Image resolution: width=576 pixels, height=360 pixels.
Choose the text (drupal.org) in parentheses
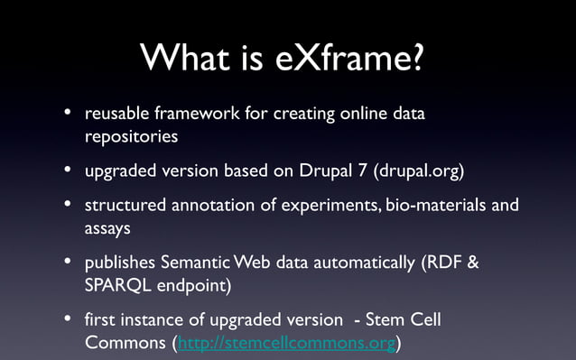(424, 171)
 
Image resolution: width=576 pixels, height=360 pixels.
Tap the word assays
(108, 228)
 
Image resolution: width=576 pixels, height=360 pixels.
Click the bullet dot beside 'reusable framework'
(68, 115)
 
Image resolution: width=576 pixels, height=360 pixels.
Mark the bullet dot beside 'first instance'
(68, 320)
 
